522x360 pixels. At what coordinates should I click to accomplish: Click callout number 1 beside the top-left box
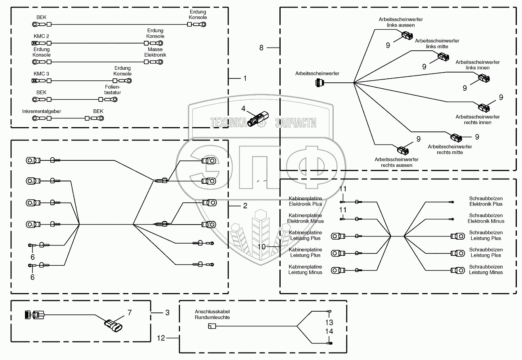coord(245,78)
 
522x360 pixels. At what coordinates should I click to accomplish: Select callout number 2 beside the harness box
coord(245,206)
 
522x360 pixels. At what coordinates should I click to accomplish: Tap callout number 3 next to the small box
coord(167,313)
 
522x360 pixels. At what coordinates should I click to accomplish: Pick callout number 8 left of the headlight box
coord(261,48)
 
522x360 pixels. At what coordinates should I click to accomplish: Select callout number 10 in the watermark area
coord(261,246)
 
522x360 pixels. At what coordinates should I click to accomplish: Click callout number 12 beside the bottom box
coord(161,338)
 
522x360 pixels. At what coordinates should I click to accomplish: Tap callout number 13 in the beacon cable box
coord(329,322)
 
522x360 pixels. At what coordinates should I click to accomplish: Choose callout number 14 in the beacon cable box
coord(329,331)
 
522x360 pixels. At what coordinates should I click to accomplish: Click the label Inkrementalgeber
coord(42,111)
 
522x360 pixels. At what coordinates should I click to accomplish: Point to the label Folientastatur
coord(113,90)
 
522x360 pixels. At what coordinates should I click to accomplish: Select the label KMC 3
coord(41,74)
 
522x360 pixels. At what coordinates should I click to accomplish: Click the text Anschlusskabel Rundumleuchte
coord(212,314)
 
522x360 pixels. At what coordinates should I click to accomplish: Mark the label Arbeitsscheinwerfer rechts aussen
coord(396,162)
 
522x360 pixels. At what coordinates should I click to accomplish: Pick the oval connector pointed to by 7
coord(113,326)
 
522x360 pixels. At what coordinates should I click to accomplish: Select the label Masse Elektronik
coord(155,52)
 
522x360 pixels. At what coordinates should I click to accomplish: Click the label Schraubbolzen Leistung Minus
coord(486,270)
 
